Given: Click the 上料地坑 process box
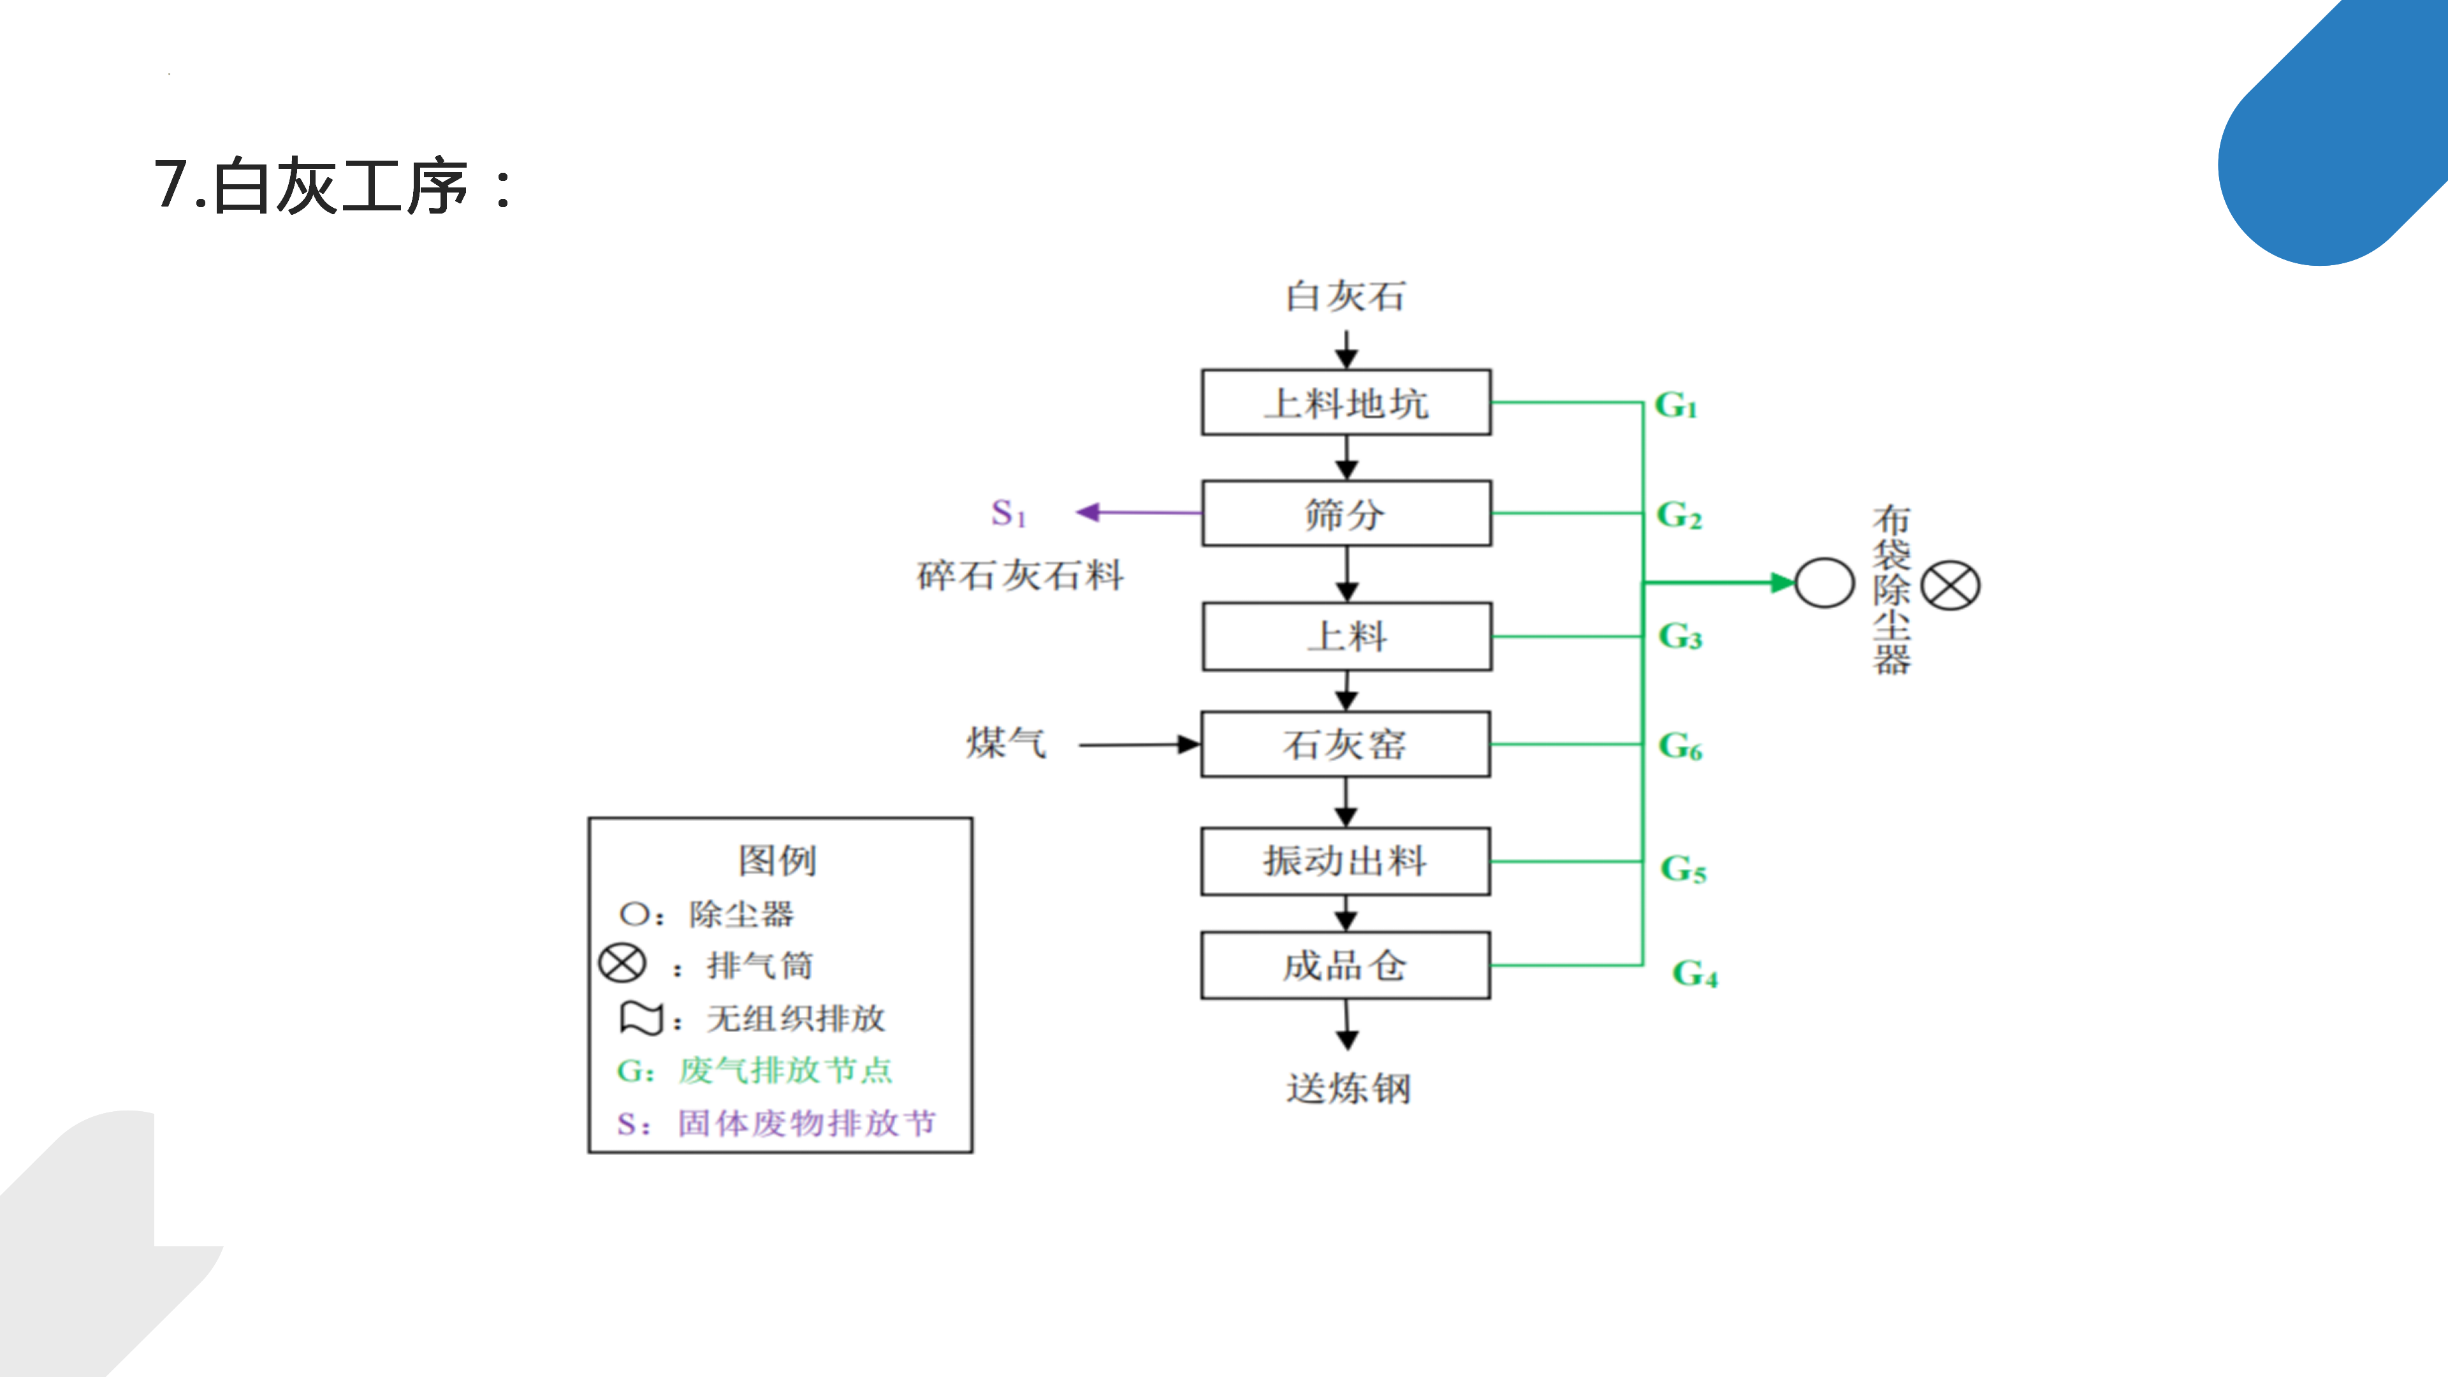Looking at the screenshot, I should [1346, 403].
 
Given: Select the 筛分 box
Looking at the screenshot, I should [1346, 513].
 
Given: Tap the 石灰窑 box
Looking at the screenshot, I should [1346, 744].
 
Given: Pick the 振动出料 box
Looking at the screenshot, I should [1346, 861].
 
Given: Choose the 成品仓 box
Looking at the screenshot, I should [1346, 966].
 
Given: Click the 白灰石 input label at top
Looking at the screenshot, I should [1346, 296].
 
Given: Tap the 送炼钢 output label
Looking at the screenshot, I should [1348, 1089].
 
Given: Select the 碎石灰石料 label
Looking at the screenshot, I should [1021, 575].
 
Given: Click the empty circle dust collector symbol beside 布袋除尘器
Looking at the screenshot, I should [1824, 583].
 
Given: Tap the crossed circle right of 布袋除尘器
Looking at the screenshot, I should [1950, 585].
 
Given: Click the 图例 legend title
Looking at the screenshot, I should [777, 860].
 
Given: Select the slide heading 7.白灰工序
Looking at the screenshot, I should [333, 186].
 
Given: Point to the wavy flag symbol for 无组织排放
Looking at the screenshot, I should [641, 1018].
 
